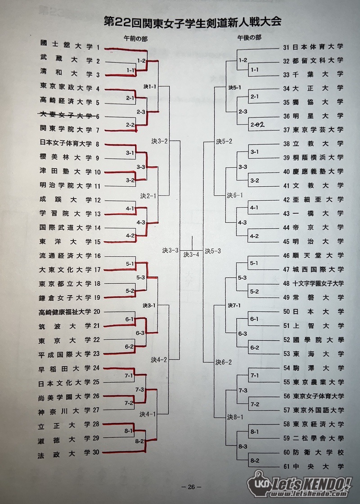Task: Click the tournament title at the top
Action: click(193, 22)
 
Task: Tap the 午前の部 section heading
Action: click(135, 39)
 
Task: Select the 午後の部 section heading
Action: click(249, 38)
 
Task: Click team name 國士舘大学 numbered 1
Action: click(66, 45)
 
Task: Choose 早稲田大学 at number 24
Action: click(65, 369)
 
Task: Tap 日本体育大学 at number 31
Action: click(318, 47)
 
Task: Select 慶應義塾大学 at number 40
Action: click(318, 171)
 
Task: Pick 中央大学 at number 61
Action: click(318, 466)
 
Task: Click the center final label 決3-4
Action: click(191, 255)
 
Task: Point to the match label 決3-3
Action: click(171, 250)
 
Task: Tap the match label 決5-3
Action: click(213, 251)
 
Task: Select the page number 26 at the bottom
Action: click(191, 487)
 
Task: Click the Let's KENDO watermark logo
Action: click(300, 484)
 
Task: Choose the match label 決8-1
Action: click(235, 417)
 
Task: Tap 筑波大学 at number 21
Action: click(65, 326)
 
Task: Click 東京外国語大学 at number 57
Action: click(318, 410)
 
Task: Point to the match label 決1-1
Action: click(150, 86)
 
